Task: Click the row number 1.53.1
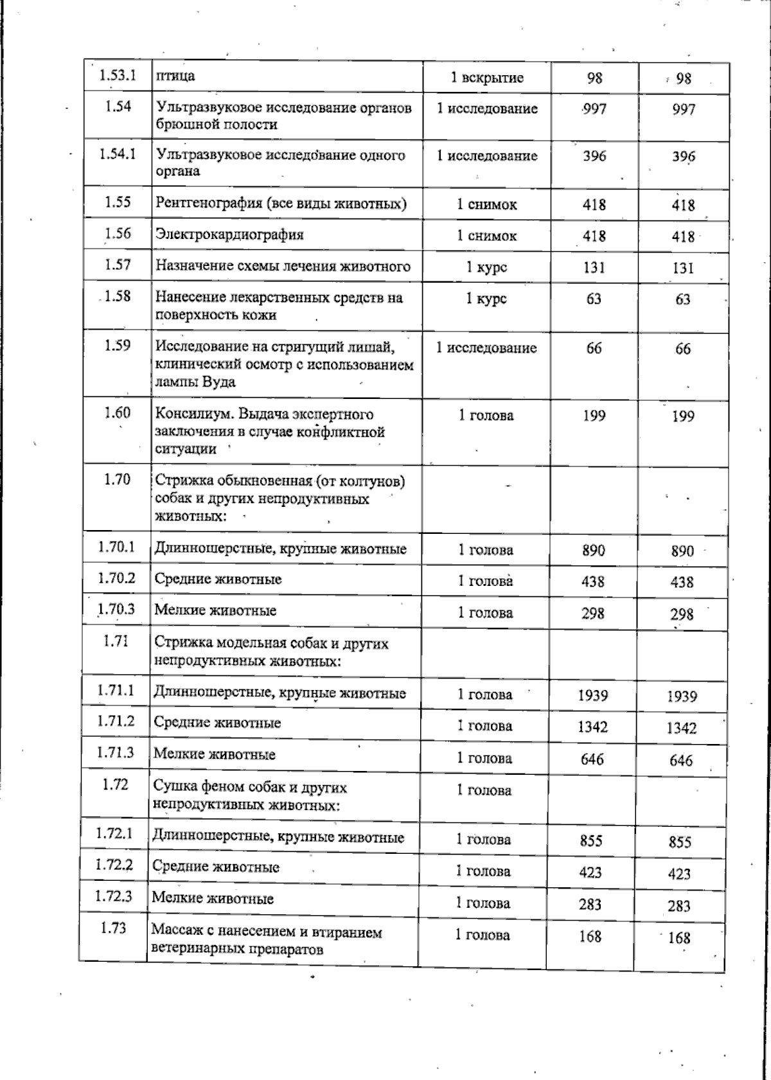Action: (118, 75)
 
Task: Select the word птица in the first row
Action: (175, 76)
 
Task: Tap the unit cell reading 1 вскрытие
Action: (487, 78)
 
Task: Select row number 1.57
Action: (118, 265)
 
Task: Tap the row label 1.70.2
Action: (116, 578)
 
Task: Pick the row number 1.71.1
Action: (116, 690)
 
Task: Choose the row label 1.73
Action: (113, 928)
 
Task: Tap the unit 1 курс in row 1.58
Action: (486, 299)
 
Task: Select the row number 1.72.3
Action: (114, 896)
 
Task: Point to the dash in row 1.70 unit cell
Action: (508, 486)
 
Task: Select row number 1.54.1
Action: (118, 154)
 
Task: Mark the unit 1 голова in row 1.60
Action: (486, 416)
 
